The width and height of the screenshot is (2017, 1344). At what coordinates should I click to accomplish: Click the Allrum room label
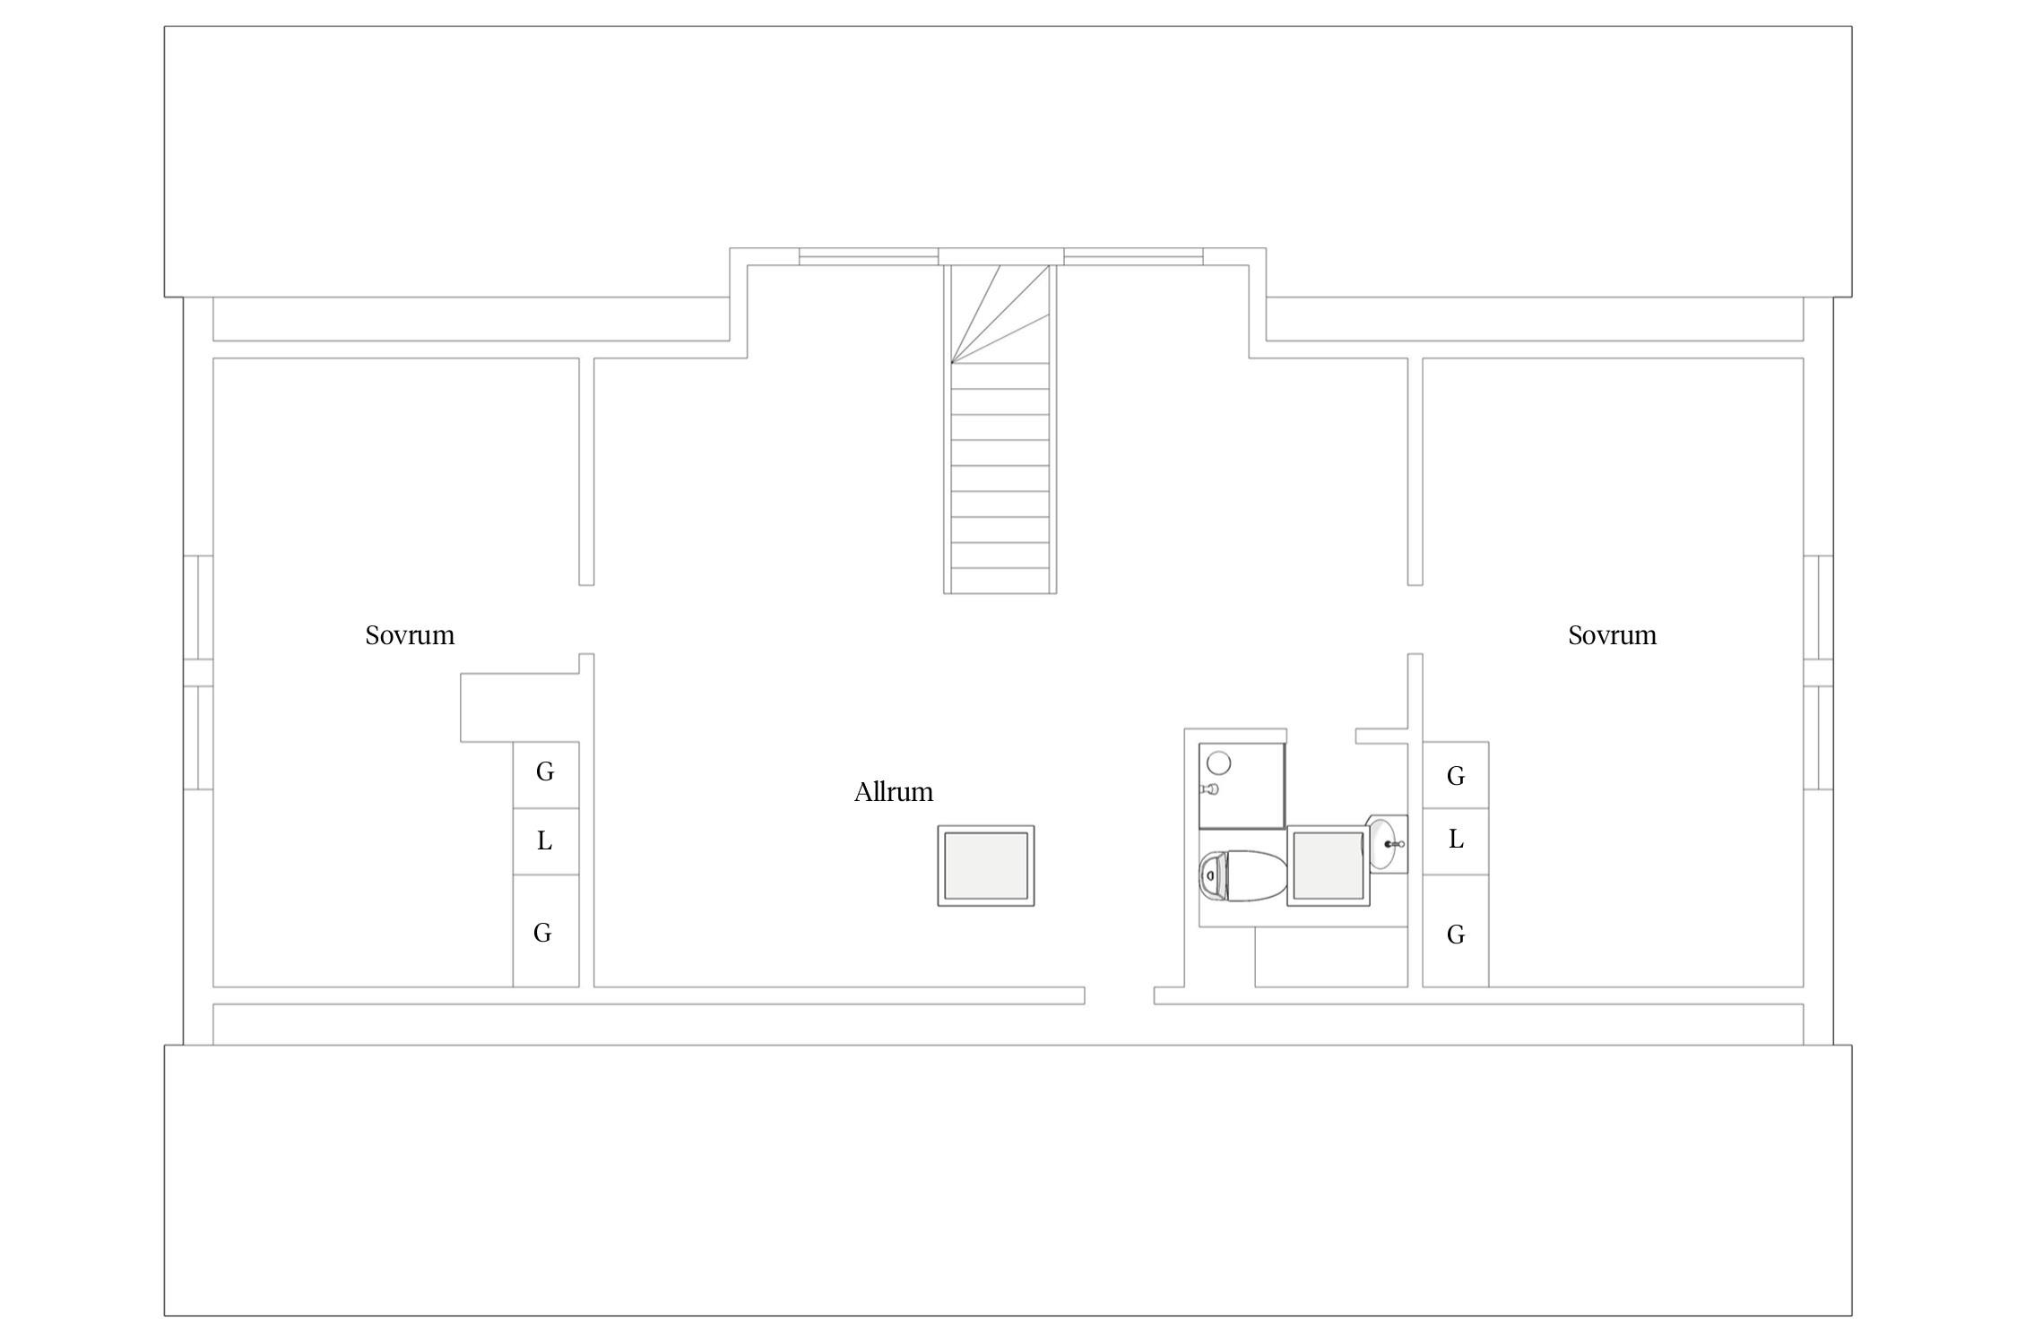893,792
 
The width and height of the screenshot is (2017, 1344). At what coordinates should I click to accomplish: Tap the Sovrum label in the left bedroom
410,635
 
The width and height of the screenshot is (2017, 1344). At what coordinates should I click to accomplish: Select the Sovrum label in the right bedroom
1612,635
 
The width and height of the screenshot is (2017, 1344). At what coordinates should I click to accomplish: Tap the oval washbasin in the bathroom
1382,843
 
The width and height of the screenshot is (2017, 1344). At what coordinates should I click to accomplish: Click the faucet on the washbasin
1391,844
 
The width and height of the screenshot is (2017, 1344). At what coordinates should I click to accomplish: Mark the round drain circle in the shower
1218,762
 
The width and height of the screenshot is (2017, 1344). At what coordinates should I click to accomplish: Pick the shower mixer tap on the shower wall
1209,789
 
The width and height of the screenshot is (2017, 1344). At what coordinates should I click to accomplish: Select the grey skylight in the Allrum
986,866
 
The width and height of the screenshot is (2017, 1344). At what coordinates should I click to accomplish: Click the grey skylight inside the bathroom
1329,866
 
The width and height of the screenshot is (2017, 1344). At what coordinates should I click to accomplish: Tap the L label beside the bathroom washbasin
1456,840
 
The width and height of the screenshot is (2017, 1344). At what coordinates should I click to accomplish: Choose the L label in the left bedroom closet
544,840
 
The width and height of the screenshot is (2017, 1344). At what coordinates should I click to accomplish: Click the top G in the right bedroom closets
1456,776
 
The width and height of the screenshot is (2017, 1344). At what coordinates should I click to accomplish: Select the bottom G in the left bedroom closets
542,933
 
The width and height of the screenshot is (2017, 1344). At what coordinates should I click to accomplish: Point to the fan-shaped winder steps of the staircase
1000,314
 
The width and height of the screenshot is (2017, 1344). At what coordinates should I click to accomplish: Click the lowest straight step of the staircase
1000,581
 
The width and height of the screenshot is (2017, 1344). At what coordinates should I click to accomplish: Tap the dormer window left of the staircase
869,257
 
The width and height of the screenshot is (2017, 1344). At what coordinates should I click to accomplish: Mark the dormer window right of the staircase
1133,257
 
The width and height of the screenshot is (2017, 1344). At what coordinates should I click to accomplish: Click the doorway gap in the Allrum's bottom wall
1120,995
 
